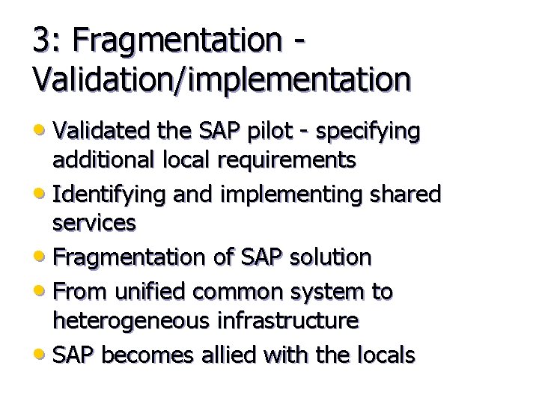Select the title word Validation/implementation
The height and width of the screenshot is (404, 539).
tap(221, 78)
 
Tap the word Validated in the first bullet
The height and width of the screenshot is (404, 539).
tap(99, 132)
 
